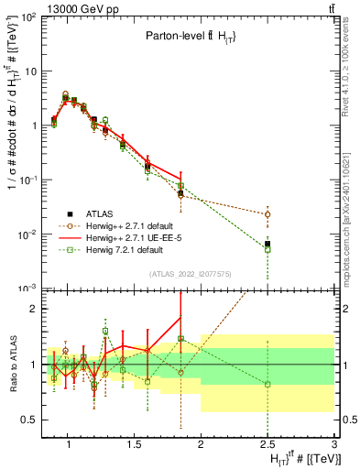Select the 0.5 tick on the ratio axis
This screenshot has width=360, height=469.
(x=27, y=420)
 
